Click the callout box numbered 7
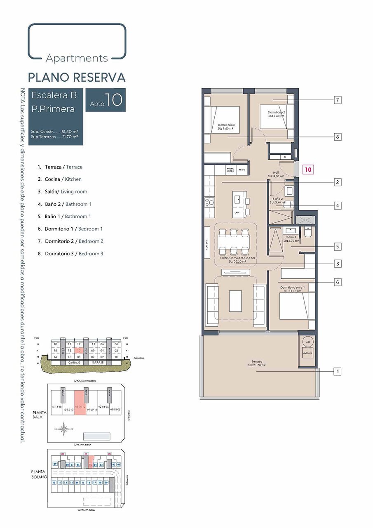338,100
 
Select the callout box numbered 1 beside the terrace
338,372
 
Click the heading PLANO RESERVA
77,77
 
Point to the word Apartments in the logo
77,58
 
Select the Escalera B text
54,95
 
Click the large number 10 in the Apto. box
113,100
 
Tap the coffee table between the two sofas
235,301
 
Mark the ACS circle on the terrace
307,342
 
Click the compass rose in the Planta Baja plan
64,429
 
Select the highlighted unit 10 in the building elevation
78,350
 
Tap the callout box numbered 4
338,205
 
